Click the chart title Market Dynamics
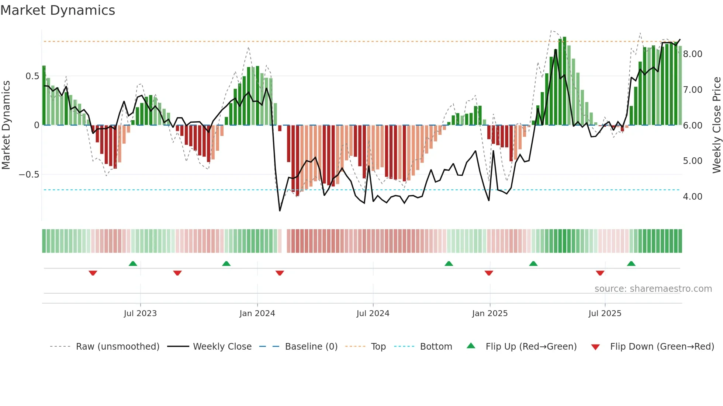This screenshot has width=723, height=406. [x=58, y=10]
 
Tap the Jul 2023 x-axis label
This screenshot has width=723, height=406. [x=140, y=314]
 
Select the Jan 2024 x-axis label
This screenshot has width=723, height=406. [x=257, y=314]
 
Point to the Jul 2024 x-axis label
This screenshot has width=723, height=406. [x=373, y=314]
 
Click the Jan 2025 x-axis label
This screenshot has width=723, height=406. [x=490, y=314]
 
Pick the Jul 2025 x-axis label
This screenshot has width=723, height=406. [x=605, y=314]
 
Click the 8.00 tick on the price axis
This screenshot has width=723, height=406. [x=693, y=54]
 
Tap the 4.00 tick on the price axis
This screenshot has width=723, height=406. [x=693, y=197]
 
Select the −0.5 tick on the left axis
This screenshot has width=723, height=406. [x=29, y=175]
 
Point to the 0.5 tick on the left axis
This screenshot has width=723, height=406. [x=32, y=76]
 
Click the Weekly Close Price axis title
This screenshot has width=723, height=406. [x=716, y=125]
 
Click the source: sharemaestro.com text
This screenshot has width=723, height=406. [x=653, y=289]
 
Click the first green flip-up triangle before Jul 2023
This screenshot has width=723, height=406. [x=133, y=263]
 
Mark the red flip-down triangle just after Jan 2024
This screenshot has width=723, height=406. [x=280, y=273]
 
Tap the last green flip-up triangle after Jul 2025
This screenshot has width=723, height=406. [x=631, y=263]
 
